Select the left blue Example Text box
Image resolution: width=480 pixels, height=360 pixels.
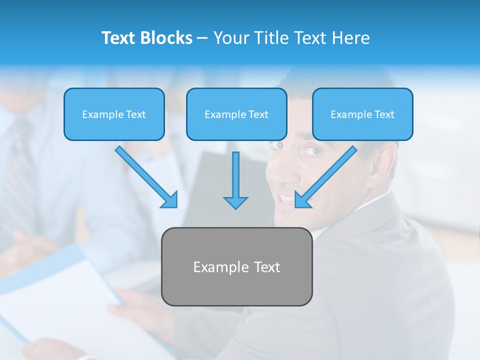114,114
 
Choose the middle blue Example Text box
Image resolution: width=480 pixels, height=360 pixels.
236,114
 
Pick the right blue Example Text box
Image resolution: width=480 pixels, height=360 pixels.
362,114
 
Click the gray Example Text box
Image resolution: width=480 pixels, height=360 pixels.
236,266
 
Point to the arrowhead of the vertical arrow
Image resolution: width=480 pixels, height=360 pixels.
235,202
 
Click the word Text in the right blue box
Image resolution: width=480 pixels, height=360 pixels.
384,114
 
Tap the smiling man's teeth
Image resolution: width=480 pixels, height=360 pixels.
287,198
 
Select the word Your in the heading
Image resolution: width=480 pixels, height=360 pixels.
230,38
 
